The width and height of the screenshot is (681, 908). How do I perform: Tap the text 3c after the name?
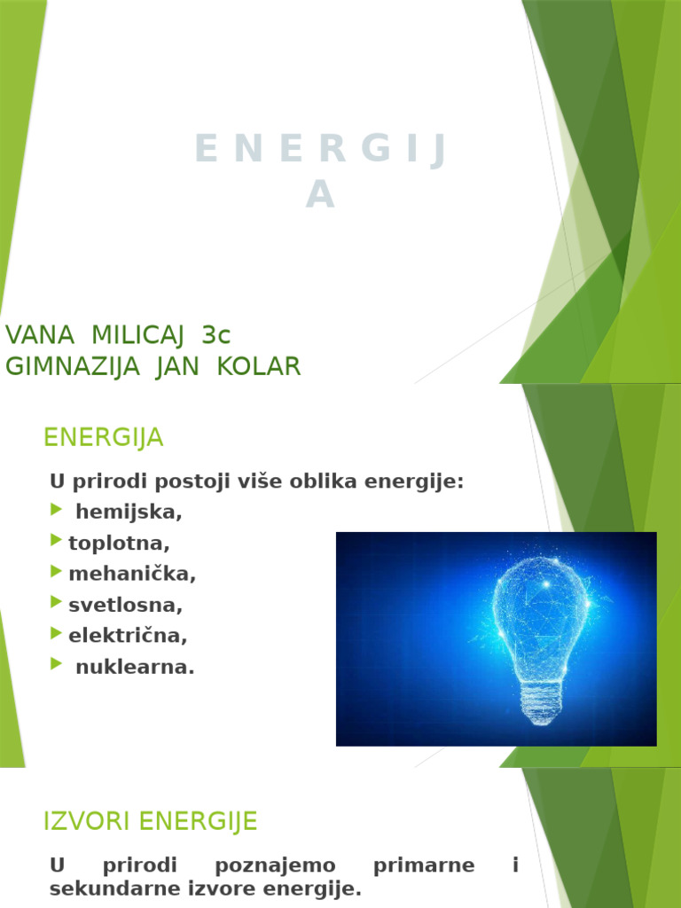(x=216, y=335)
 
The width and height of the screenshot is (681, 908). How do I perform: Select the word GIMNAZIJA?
(x=73, y=366)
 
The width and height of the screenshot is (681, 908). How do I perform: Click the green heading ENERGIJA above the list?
(x=104, y=437)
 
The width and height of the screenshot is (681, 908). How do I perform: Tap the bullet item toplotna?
(x=119, y=543)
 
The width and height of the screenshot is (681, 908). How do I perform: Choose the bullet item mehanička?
(x=132, y=574)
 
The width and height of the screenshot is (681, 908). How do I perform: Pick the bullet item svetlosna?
(x=125, y=605)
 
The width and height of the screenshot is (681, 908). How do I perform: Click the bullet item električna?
(x=128, y=636)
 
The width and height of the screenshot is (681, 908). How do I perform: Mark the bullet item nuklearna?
(x=135, y=667)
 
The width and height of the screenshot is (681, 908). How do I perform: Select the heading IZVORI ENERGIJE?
(x=150, y=822)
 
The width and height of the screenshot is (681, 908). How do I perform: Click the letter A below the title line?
(x=320, y=197)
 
